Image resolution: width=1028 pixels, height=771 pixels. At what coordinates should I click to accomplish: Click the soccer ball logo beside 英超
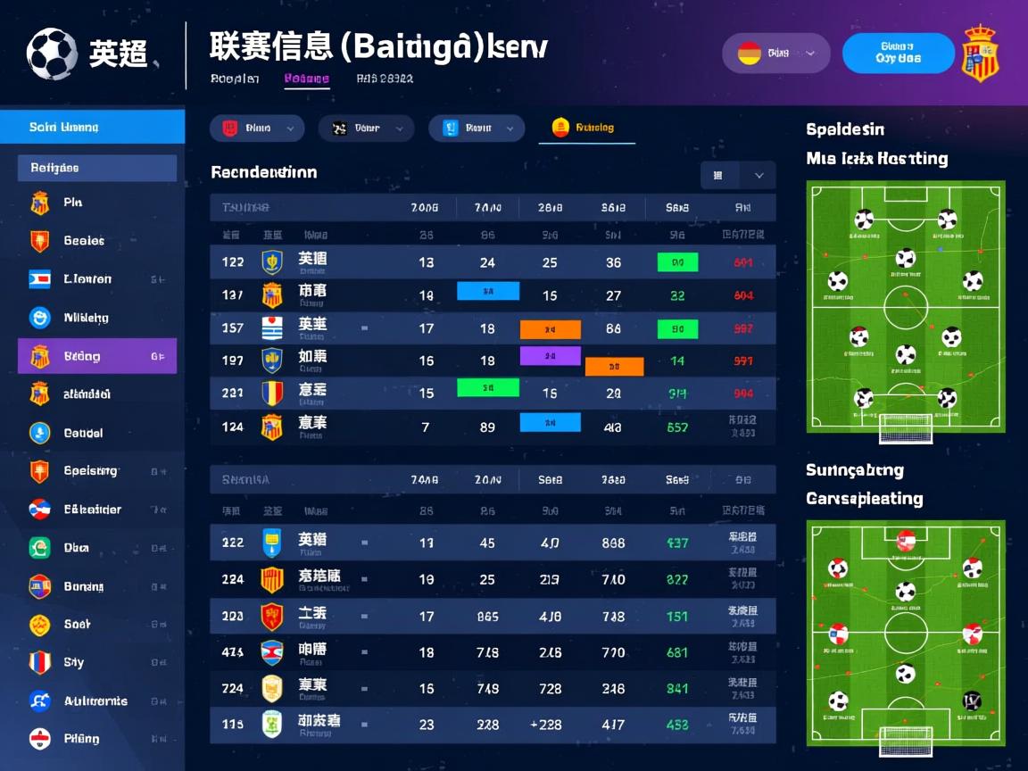click(x=52, y=54)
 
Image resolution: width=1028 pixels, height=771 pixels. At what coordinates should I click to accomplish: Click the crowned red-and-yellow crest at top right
click(x=979, y=54)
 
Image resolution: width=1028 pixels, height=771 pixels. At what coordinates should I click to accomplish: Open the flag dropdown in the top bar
click(x=775, y=54)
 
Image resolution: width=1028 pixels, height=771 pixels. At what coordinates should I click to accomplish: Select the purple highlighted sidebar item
click(x=97, y=356)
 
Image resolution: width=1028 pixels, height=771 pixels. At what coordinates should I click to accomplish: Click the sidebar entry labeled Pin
click(x=73, y=203)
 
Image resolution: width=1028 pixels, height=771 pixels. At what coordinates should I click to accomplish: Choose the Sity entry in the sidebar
click(x=73, y=662)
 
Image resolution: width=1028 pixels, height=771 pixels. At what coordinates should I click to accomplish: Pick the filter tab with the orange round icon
click(x=586, y=128)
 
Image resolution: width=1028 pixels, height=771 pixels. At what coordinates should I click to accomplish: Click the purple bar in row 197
click(x=550, y=356)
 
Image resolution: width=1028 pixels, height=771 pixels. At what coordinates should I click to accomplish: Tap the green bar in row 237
click(x=487, y=388)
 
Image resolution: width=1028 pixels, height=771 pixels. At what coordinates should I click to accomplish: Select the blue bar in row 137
click(x=487, y=291)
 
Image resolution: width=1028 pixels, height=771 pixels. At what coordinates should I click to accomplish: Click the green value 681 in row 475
click(x=677, y=652)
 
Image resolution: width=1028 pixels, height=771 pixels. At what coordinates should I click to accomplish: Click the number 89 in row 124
click(x=487, y=427)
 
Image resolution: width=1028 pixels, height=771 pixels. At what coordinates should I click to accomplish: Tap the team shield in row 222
click(x=272, y=542)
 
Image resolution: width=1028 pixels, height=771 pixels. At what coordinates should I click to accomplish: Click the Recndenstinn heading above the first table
click(x=263, y=172)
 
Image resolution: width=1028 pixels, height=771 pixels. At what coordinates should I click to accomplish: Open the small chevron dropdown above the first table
click(x=759, y=176)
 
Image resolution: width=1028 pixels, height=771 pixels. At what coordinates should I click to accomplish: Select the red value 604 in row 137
click(x=743, y=295)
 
